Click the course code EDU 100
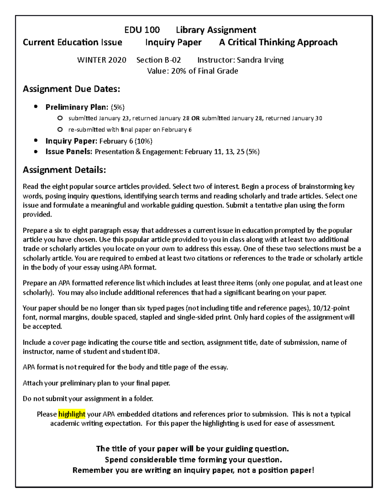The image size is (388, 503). [142, 30]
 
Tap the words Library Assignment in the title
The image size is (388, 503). [216, 30]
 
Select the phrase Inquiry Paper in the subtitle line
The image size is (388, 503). [173, 42]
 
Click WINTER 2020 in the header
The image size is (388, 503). [102, 60]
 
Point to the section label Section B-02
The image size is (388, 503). [158, 60]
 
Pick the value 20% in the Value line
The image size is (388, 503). [178, 71]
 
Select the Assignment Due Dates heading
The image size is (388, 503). [71, 89]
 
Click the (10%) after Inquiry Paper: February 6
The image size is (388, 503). [144, 141]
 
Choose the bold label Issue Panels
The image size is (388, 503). [69, 152]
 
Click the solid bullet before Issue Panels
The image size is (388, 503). [36, 152]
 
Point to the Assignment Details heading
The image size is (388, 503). [64, 170]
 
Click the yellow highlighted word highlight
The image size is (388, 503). [72, 414]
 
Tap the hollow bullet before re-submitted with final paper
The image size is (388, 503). [60, 130]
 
